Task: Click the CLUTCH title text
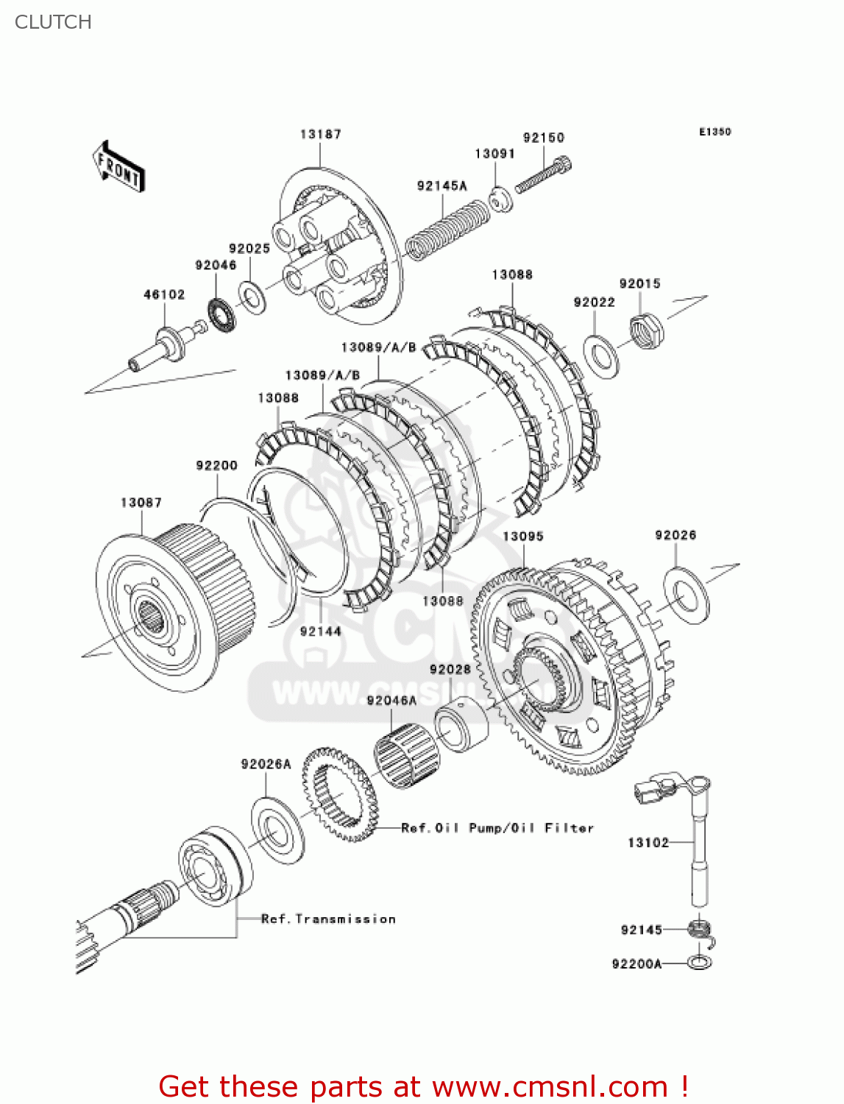click(53, 22)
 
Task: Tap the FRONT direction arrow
click(118, 167)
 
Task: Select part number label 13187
click(320, 134)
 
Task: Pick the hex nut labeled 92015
click(647, 330)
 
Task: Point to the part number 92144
click(320, 631)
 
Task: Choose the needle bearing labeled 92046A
click(404, 751)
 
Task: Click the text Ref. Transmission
click(328, 919)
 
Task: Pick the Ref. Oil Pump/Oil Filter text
click(497, 828)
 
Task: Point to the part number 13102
click(648, 843)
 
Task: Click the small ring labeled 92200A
click(700, 963)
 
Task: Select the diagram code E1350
click(714, 132)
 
